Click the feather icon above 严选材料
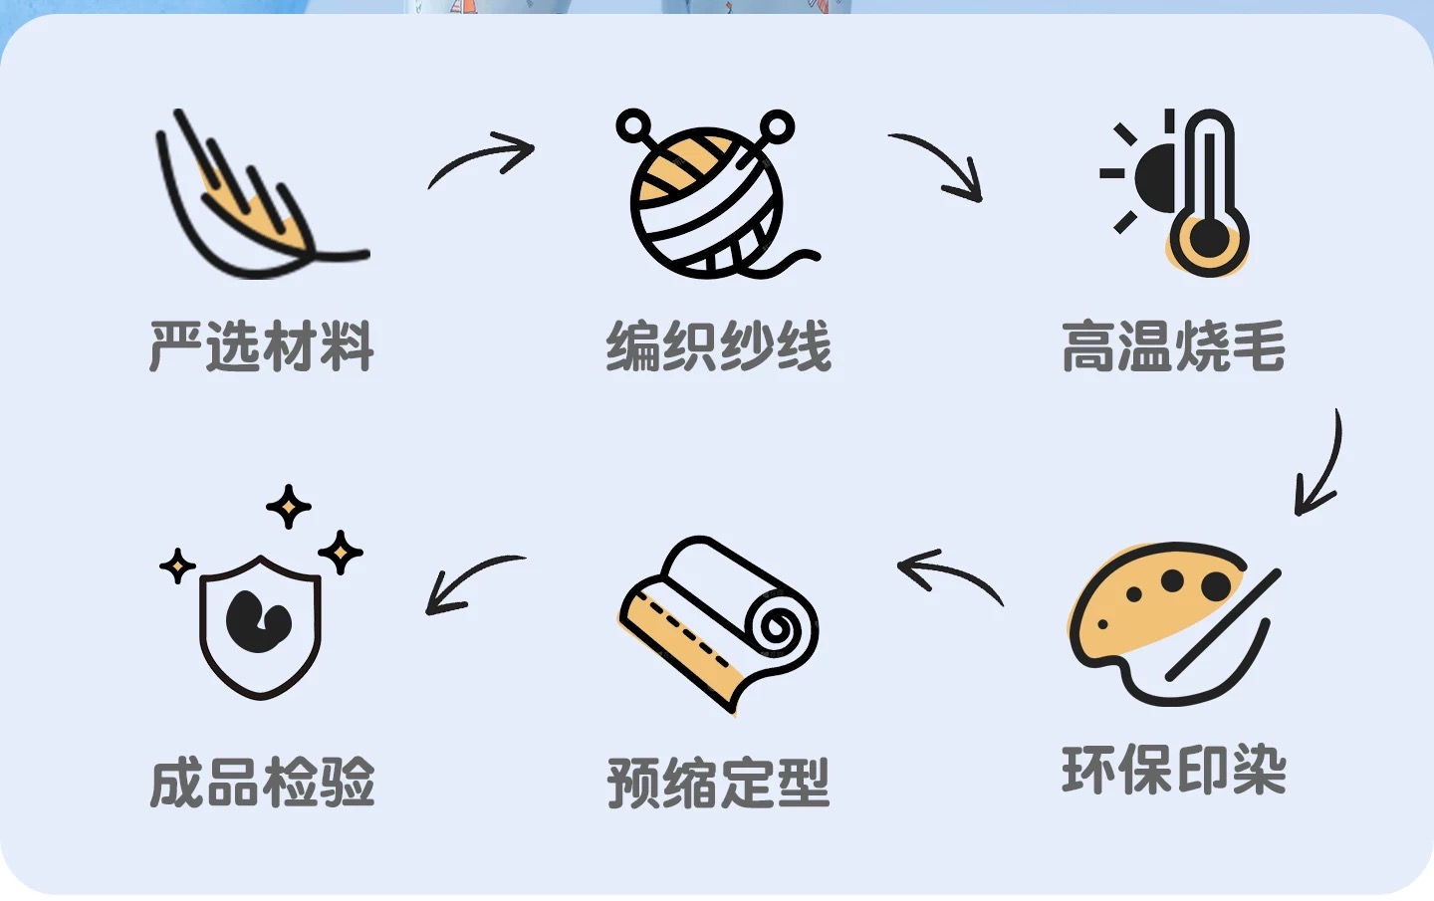(254, 199)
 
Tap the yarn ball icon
(707, 199)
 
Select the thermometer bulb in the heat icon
(1208, 239)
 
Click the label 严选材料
(262, 346)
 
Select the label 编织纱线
(718, 346)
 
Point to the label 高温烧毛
(1173, 346)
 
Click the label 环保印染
(1173, 770)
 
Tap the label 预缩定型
(718, 783)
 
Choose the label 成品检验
(262, 783)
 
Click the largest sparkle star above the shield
(289, 507)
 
